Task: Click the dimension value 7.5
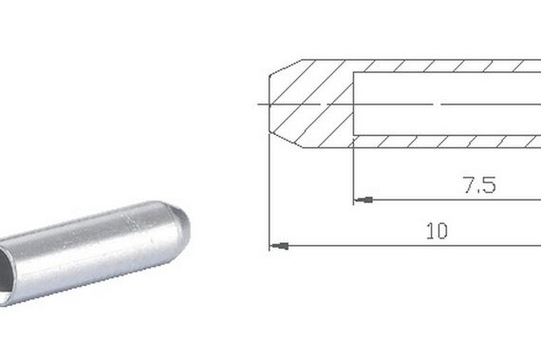click(480, 184)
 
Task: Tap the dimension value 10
click(437, 231)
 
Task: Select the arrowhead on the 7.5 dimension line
click(364, 199)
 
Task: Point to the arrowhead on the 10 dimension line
click(279, 246)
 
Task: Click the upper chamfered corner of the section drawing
click(286, 66)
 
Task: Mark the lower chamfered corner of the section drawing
click(286, 140)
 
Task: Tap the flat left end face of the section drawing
click(270, 104)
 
